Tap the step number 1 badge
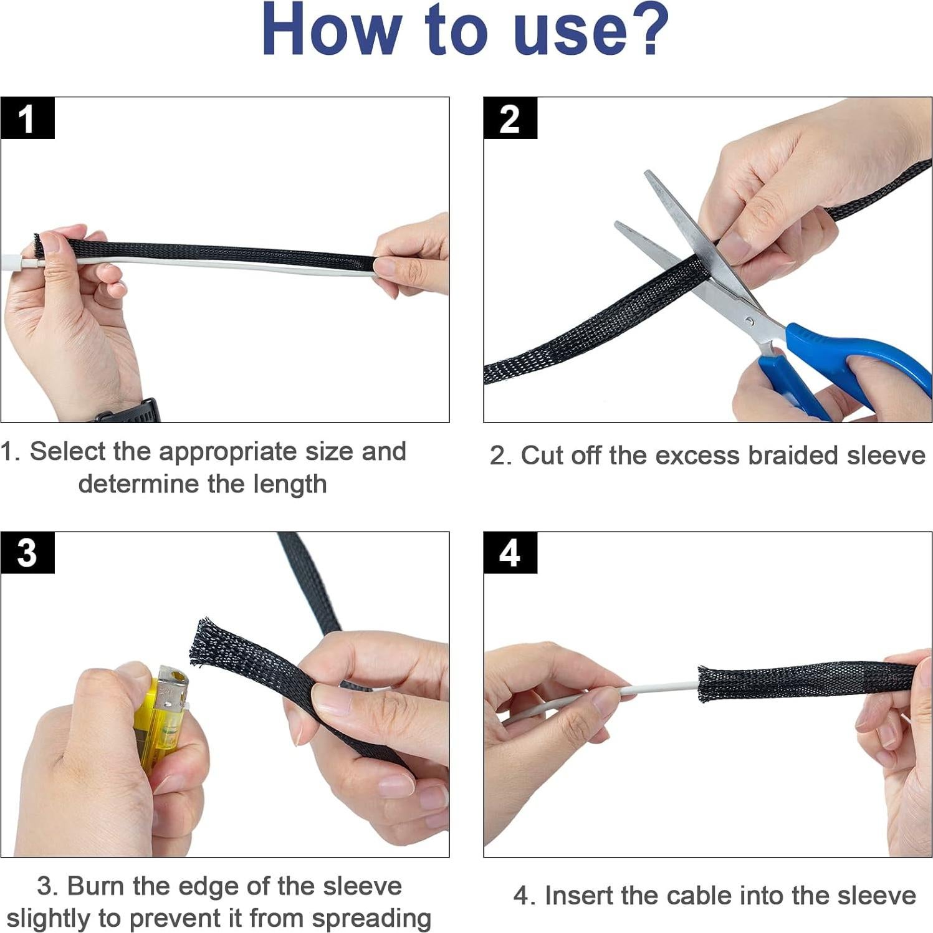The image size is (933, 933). [x=27, y=118]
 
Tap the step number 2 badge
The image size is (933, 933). [x=510, y=118]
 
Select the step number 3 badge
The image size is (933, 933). [x=27, y=553]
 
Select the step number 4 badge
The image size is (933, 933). [x=510, y=553]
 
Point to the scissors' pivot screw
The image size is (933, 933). [x=750, y=321]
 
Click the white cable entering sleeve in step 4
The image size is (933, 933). [x=661, y=688]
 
